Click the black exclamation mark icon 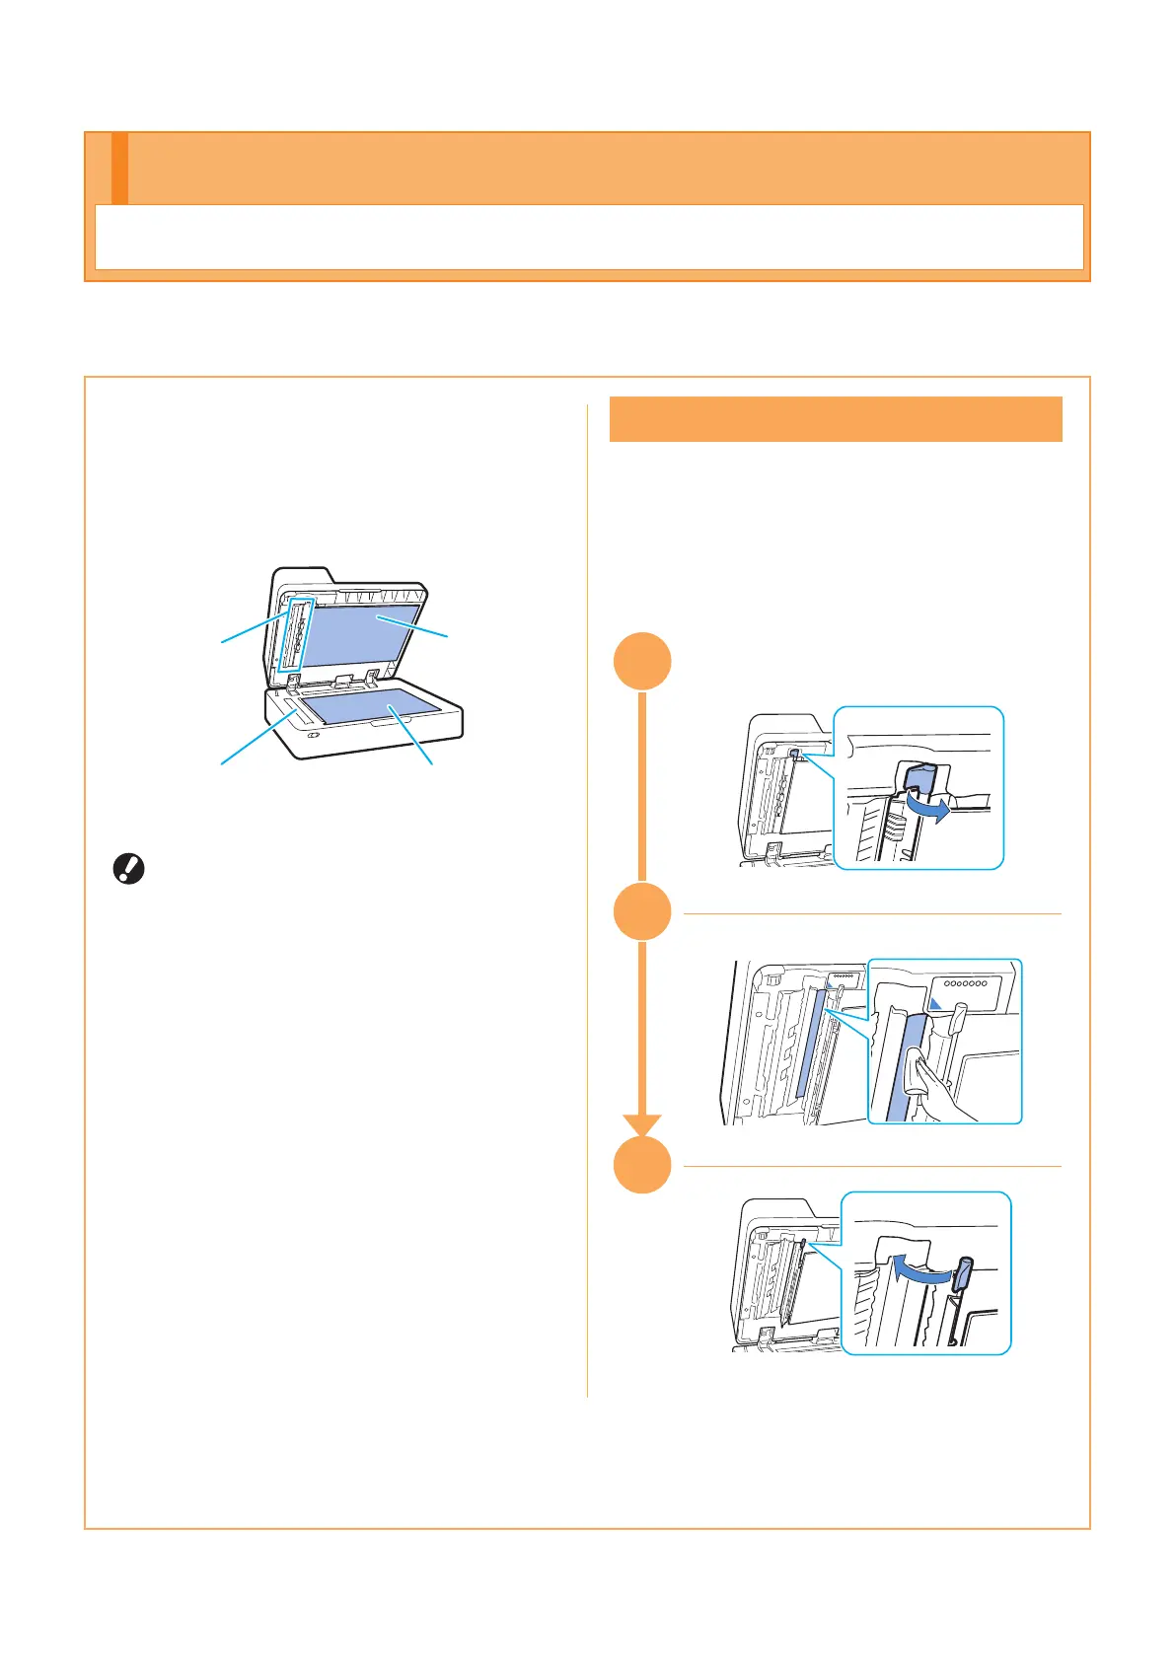tap(129, 869)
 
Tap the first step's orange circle tap(642, 660)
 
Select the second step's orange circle tap(642, 912)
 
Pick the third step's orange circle tap(642, 1165)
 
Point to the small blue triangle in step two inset tap(937, 1002)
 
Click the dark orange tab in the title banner tap(119, 168)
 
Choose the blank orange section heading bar tap(836, 419)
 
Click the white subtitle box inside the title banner tap(589, 237)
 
